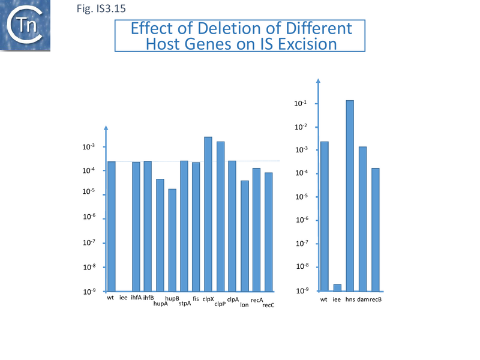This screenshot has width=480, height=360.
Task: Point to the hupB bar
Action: point(172,240)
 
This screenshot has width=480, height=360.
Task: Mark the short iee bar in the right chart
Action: point(337,288)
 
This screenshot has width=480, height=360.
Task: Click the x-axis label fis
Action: point(196,298)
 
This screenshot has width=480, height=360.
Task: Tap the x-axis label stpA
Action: point(185,304)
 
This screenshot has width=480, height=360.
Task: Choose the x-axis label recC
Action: point(268,305)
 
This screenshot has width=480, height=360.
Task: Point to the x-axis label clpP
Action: point(220,304)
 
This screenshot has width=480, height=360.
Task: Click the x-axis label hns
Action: point(350,299)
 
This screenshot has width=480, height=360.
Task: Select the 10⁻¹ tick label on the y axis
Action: point(301,104)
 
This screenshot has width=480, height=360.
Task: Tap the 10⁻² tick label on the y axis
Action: point(301,127)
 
